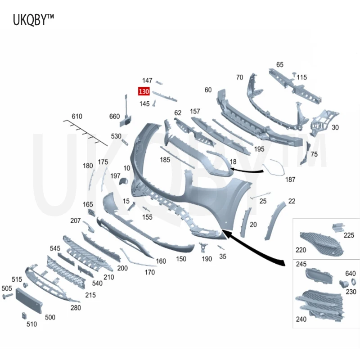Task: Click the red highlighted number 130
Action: pos(144,91)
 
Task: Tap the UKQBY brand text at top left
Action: pos(33,19)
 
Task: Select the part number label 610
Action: pos(77,117)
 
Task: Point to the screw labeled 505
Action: pos(8,296)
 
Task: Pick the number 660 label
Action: pos(114,117)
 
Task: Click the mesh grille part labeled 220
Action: pos(322,244)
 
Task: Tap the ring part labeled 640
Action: pos(353,282)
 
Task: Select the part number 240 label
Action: pos(301,319)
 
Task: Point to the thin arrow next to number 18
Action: pos(247,171)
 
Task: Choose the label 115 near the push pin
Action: pos(301,77)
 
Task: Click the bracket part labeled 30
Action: pos(324,123)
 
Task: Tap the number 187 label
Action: pos(290,180)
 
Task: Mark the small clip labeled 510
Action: pos(24,316)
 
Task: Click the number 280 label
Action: pos(76,308)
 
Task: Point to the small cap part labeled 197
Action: pos(123,181)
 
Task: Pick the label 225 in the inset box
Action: pos(349,235)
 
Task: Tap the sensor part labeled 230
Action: pos(344,284)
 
